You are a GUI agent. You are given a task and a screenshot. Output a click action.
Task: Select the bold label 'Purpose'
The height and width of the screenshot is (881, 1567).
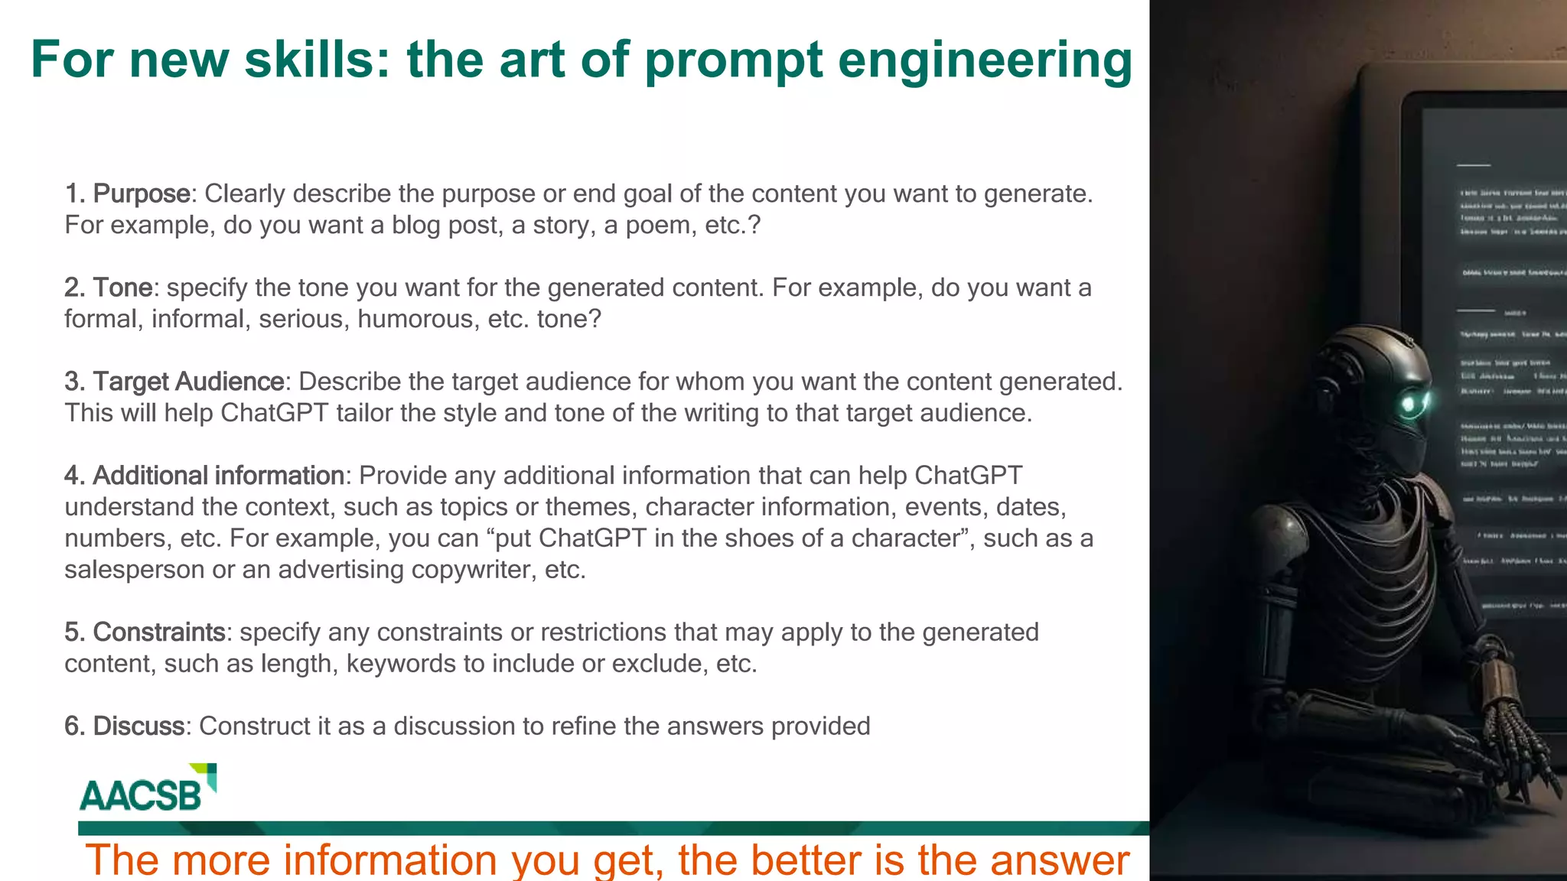point(142,194)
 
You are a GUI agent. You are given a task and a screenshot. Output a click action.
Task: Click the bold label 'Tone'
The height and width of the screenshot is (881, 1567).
point(123,288)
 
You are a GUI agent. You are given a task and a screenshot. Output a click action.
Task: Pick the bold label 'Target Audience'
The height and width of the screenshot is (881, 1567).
point(188,382)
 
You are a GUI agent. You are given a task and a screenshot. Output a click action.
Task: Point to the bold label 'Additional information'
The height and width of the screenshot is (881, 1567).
point(218,476)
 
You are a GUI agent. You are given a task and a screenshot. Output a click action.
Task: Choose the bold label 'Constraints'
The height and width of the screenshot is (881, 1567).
point(159,632)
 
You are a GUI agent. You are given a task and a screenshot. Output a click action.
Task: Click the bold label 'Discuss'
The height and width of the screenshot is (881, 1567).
point(138,727)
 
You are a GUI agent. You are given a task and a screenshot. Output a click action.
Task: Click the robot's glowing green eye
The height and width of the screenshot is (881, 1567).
point(1409,404)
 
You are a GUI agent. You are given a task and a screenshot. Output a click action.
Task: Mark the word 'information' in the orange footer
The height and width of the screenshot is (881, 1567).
point(390,860)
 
